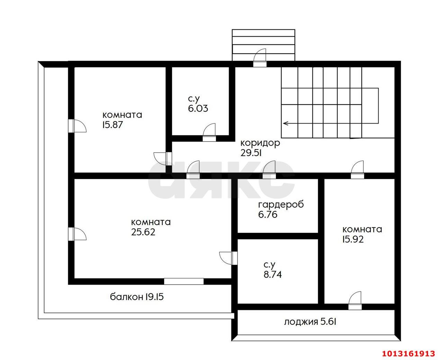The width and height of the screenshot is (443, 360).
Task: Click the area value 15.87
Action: [x=112, y=125]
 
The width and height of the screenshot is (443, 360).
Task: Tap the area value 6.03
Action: [x=198, y=108]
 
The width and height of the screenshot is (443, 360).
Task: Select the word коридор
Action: [x=260, y=143]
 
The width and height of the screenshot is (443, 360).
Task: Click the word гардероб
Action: [x=281, y=204]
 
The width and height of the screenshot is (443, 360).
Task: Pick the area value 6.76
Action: [x=268, y=215]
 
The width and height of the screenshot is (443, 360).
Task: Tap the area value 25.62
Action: [x=143, y=232]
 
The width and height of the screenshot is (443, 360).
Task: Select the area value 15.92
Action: [x=353, y=239]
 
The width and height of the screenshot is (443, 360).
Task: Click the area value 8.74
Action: [x=273, y=275]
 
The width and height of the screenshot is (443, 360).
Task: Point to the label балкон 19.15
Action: [x=137, y=297]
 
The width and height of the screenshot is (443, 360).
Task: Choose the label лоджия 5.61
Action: [x=310, y=322]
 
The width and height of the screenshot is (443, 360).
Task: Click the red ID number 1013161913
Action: [x=408, y=353]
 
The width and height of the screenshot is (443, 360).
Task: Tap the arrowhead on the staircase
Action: [x=285, y=123]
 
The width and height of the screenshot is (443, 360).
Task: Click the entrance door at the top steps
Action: [x=260, y=59]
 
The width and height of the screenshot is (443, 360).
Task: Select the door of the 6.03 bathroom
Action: [x=209, y=133]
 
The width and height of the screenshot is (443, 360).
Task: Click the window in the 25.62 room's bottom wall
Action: [x=184, y=281]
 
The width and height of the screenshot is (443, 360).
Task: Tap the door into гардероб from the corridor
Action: [x=269, y=171]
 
